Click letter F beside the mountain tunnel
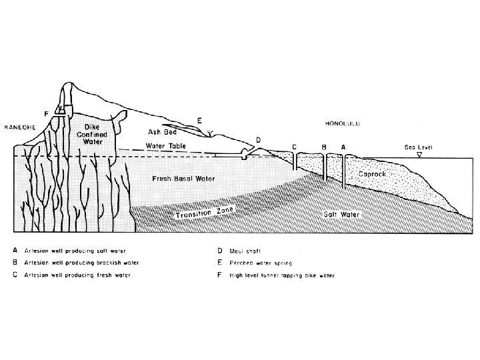pos(45,114)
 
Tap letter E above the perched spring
pos(199,120)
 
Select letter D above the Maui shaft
pos(258,139)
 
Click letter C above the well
pos(294,146)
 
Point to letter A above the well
pos(343,146)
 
